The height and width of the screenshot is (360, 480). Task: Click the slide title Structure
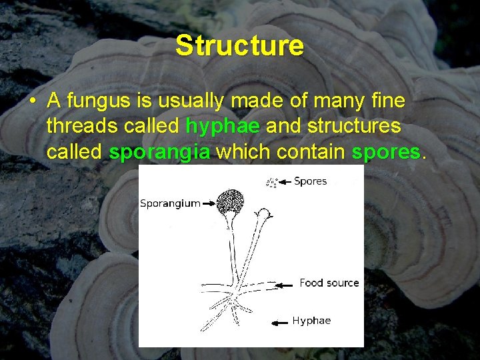click(x=239, y=46)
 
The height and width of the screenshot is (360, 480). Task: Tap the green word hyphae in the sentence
click(x=223, y=126)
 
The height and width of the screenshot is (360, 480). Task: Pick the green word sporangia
click(x=159, y=152)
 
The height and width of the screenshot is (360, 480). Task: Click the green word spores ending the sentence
click(x=386, y=152)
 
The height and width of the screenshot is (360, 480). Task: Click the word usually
click(x=195, y=101)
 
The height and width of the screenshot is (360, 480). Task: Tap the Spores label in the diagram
click(x=310, y=181)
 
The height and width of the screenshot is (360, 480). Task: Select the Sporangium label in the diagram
click(x=170, y=203)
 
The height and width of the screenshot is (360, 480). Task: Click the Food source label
click(x=329, y=283)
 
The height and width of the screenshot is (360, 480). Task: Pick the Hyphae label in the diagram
click(x=311, y=321)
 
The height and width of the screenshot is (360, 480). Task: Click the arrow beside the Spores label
click(x=285, y=181)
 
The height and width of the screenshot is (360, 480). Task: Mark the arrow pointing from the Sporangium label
click(x=211, y=203)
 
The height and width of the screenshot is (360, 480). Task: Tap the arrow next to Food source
click(x=285, y=284)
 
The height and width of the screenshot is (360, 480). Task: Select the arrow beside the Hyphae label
click(x=279, y=322)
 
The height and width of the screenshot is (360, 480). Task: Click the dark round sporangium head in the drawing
click(x=231, y=200)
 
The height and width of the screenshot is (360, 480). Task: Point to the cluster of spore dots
click(x=271, y=182)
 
